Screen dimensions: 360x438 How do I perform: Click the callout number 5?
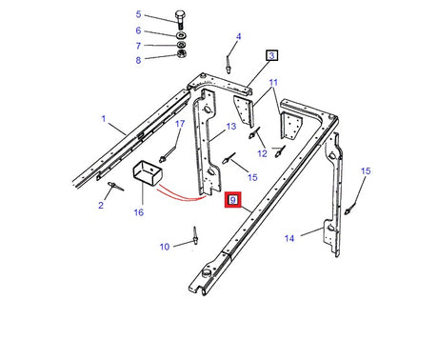[138, 14]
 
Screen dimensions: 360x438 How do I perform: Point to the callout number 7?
[138, 46]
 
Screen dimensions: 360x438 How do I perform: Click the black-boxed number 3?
[271, 55]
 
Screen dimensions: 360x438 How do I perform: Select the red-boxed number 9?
[232, 200]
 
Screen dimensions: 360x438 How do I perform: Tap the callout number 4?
[238, 37]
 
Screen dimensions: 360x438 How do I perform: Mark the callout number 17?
[178, 124]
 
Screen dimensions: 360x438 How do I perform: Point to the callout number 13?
[230, 126]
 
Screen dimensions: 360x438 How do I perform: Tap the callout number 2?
[99, 204]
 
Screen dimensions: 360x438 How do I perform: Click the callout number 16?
[138, 213]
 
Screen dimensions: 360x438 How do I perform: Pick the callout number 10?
[164, 247]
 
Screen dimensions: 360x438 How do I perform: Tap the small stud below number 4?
[229, 63]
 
